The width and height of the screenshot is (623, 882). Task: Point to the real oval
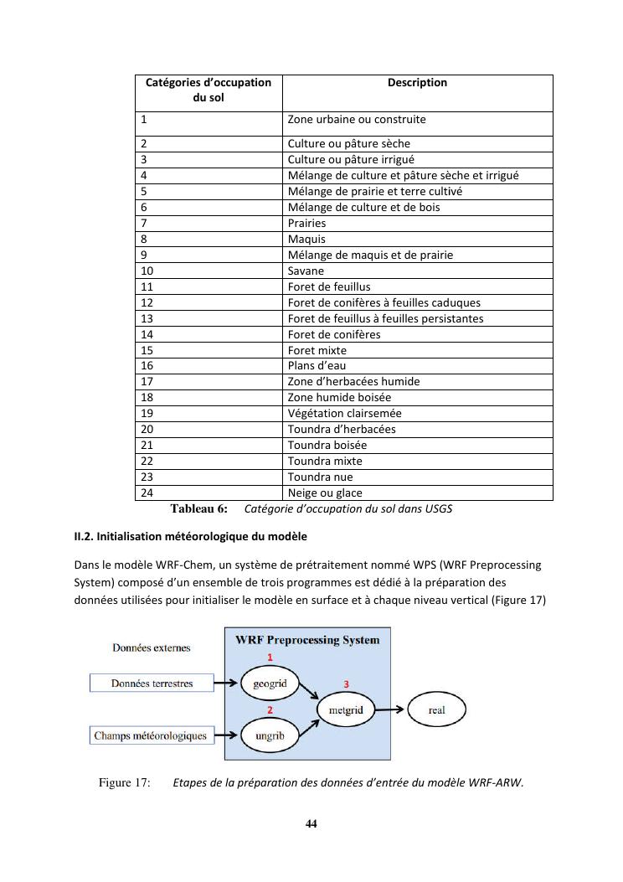(x=436, y=710)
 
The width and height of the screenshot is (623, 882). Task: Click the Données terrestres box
(x=152, y=683)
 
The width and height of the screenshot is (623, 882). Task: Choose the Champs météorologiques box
(x=151, y=736)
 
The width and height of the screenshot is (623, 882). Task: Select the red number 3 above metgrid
(x=346, y=683)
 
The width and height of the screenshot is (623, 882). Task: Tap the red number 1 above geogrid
(x=270, y=656)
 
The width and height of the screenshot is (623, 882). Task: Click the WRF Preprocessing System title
(x=307, y=640)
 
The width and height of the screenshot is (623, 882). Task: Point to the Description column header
(x=417, y=83)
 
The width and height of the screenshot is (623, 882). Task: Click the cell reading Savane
(x=306, y=271)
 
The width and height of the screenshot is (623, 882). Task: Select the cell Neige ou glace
(x=325, y=493)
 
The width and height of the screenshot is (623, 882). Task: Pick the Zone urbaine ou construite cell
(x=357, y=120)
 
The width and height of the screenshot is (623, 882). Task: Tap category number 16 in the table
(x=147, y=366)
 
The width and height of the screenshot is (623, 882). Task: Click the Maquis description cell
(x=306, y=240)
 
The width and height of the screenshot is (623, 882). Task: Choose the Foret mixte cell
(x=317, y=351)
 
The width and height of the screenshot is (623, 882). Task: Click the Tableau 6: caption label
(x=198, y=508)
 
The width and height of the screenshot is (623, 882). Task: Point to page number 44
(x=311, y=823)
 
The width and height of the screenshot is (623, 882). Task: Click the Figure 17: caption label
(x=125, y=783)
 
